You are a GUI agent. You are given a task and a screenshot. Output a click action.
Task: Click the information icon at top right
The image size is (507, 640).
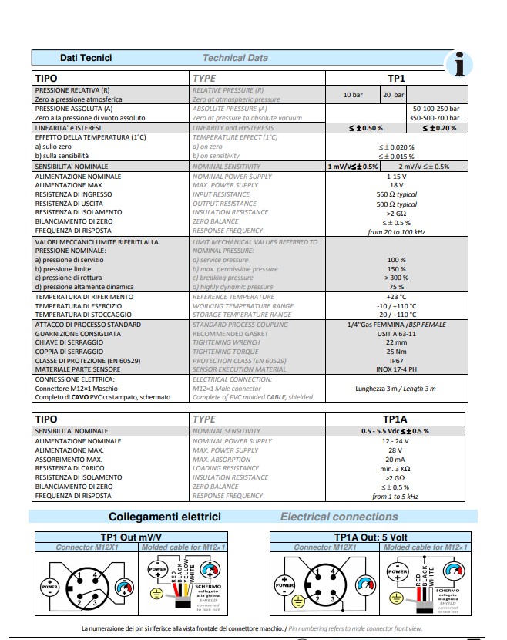pos(461,64)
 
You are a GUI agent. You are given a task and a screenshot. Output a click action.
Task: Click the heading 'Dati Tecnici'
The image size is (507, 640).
pos(86,58)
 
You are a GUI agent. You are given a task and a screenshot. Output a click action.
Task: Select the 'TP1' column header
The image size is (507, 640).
pos(396,78)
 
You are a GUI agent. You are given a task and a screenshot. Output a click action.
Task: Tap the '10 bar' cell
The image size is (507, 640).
pos(353,95)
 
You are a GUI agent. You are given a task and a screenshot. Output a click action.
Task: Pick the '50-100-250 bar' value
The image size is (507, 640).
pos(436,109)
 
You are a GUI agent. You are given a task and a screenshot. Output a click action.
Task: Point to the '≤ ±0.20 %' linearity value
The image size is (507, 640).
pos(435,127)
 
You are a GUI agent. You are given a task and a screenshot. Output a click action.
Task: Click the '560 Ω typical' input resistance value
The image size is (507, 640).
pos(396,194)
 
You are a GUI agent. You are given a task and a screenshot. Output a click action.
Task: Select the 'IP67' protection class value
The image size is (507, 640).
pos(396,359)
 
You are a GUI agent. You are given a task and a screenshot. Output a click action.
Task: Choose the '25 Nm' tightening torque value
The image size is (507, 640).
pos(396,351)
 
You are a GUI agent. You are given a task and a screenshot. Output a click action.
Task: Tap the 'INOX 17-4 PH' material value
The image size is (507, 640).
pos(396,369)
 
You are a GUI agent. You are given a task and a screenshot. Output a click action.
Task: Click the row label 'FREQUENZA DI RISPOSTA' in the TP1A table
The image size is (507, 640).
pos(74,496)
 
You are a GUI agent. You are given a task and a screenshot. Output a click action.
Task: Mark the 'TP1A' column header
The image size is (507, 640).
pos(396,419)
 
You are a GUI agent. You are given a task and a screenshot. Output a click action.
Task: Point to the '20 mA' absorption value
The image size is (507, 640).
pos(396,459)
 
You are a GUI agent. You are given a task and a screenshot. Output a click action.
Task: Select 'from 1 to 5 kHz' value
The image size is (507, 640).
pos(396,496)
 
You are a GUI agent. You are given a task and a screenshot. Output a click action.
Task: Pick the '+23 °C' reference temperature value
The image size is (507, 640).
pos(396,296)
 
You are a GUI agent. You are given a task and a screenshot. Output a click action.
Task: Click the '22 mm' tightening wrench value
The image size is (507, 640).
pos(396,342)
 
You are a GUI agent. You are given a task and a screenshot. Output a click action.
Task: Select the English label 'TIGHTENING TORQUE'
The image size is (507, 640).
pos(226,351)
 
